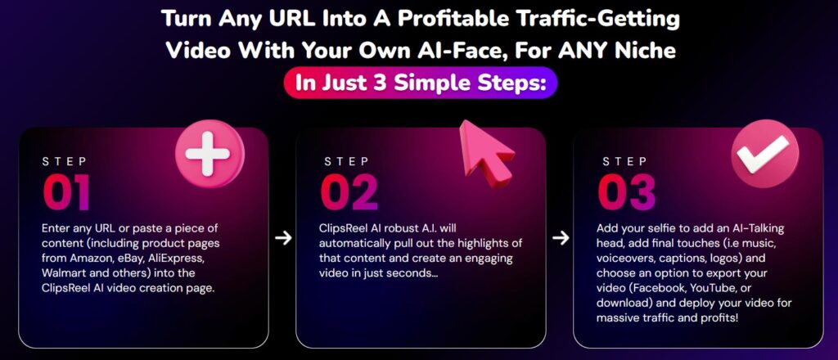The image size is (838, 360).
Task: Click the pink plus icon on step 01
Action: point(209,154)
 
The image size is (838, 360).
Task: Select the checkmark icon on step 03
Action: point(765,153)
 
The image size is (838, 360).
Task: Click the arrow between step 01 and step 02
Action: point(283,238)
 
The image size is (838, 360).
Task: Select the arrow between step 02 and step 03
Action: point(561,238)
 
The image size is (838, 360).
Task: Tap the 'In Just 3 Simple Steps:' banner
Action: point(420,84)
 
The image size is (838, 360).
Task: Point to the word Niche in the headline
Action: point(646,51)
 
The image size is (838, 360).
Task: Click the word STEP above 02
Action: point(346,160)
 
